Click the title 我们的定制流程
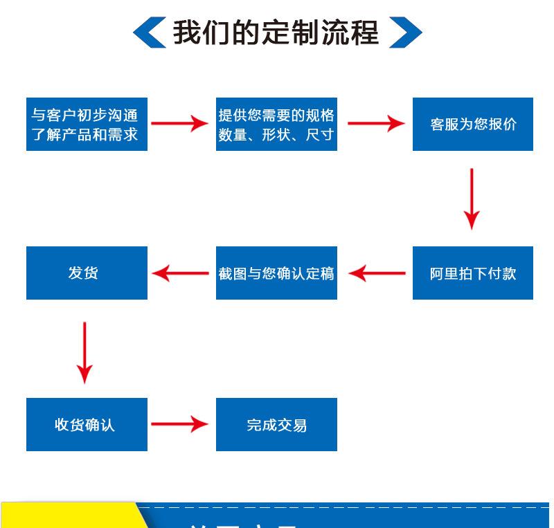276,33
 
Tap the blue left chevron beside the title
149,33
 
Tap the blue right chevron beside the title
405,33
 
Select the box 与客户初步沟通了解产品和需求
87,125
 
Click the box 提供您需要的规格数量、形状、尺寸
276,125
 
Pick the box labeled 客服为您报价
473,125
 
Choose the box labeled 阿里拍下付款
473,273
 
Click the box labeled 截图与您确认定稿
276,273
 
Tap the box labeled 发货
87,273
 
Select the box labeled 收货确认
87,424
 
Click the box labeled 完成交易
276,424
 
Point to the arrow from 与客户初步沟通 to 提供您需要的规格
179,124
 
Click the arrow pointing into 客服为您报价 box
375,124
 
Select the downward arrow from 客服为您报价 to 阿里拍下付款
472,199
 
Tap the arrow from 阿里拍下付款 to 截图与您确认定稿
377,273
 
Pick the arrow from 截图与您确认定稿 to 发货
180,273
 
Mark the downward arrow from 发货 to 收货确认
84,352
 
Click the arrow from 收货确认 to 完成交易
179,424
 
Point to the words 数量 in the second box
233,135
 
